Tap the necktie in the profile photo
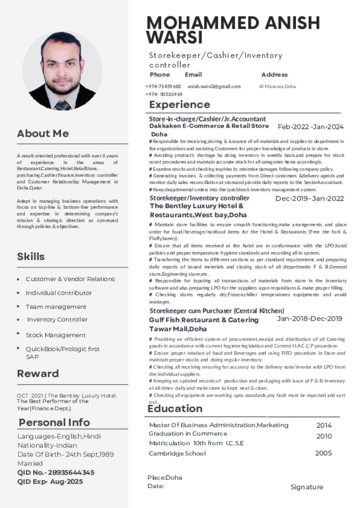(x=63, y=105)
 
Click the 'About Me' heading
(x=43, y=133)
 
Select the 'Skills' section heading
(x=31, y=256)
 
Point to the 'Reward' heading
(x=38, y=374)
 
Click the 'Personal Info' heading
(x=54, y=422)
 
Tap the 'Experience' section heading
(x=179, y=105)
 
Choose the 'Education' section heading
(x=175, y=408)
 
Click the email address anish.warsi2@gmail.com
(x=214, y=86)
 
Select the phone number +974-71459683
(x=163, y=86)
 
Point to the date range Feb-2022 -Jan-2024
(x=310, y=127)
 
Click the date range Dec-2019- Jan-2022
(x=309, y=199)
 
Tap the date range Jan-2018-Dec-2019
(x=309, y=318)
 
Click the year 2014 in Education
(x=324, y=425)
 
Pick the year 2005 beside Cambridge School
(x=323, y=453)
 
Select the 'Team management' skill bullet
(x=56, y=307)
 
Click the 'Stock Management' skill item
(x=56, y=335)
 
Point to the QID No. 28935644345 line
(x=56, y=472)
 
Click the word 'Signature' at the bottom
(x=306, y=487)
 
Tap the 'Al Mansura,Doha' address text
(x=277, y=86)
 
